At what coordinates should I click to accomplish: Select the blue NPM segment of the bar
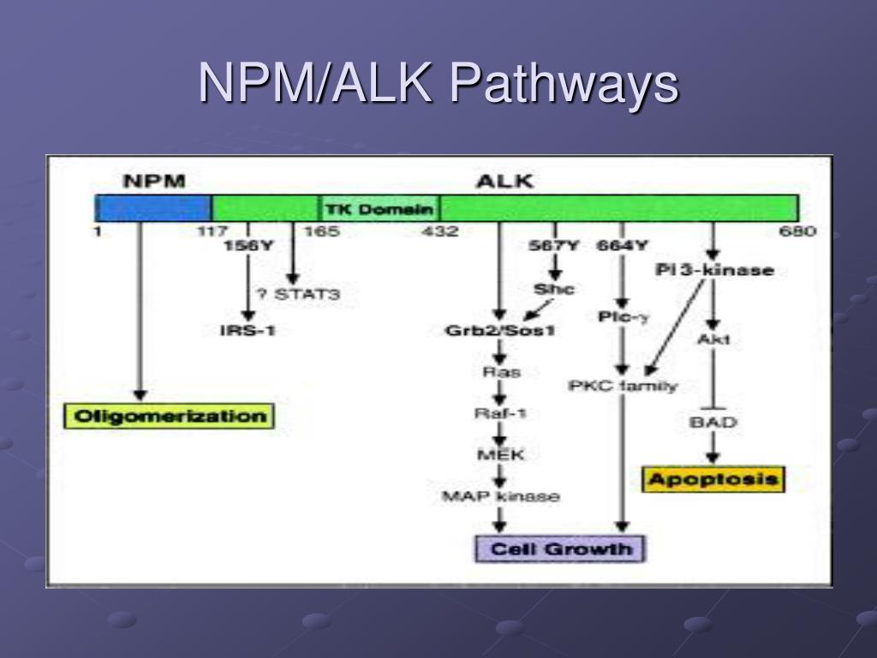point(154,208)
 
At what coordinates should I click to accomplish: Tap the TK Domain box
point(379,209)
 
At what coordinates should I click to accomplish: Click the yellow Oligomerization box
point(170,416)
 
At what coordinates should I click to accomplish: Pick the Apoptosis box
point(713,478)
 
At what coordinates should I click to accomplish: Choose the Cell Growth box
point(560,548)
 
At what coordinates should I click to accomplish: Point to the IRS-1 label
point(248,330)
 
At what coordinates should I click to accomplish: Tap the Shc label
point(553,290)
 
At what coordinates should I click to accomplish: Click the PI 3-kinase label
point(714,271)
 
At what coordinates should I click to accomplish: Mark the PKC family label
point(623,386)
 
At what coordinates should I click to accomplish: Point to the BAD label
point(713,422)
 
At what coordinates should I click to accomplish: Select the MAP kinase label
point(500,496)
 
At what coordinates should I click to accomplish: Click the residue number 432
point(439,231)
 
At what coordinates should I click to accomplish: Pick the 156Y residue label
point(248,247)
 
